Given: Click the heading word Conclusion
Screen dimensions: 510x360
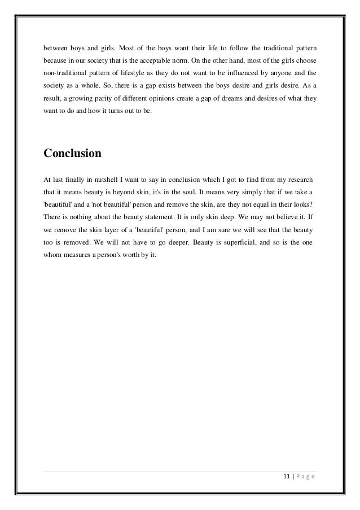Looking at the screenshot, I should tap(72, 154).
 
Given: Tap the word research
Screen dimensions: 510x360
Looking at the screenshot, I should tap(300, 178).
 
